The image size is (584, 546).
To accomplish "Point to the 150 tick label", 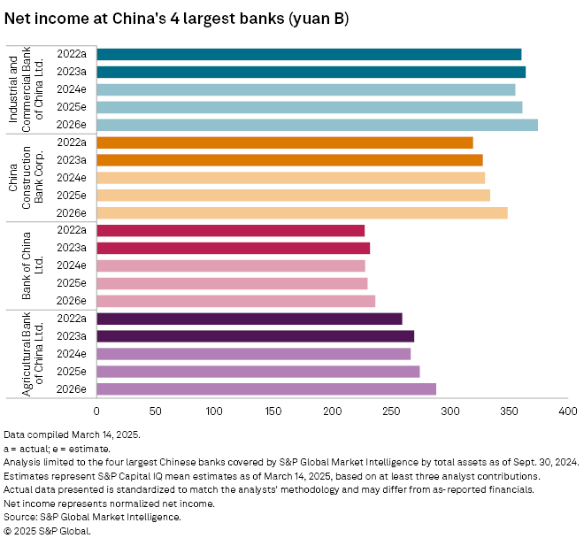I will (273, 411).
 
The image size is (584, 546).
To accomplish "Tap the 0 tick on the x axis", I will (96, 411).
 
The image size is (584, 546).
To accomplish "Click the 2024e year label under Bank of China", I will (71, 265).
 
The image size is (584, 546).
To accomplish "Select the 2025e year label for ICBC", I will (71, 107).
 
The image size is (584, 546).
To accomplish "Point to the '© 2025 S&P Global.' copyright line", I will (48, 531).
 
